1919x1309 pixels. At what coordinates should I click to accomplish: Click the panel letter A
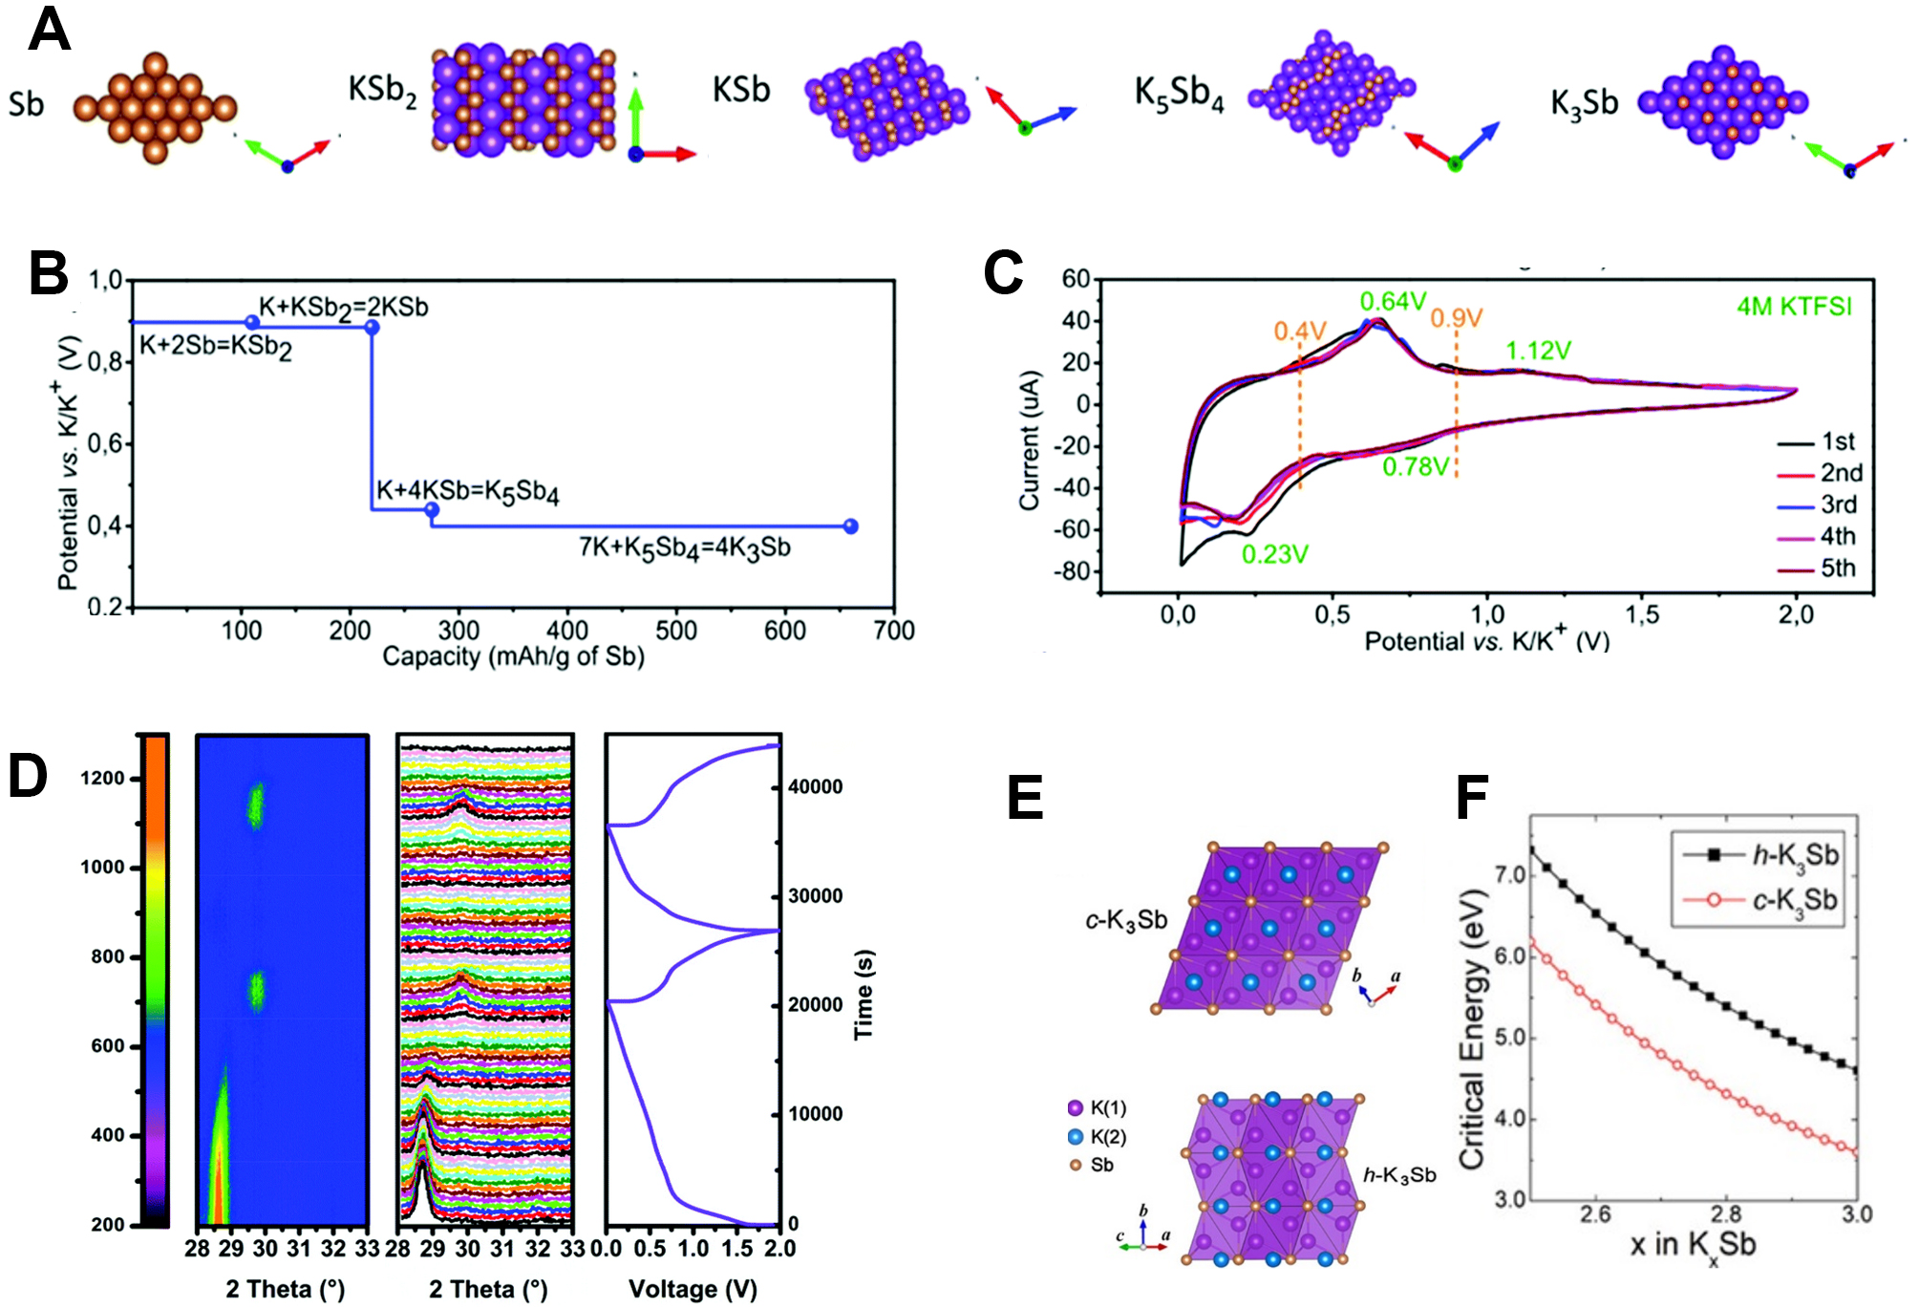click(49, 31)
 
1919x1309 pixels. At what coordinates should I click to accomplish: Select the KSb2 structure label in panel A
click(382, 92)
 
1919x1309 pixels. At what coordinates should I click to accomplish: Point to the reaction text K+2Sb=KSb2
click(216, 346)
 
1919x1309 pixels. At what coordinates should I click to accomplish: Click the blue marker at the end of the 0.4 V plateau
click(851, 526)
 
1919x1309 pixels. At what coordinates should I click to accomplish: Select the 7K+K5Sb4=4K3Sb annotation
click(684, 548)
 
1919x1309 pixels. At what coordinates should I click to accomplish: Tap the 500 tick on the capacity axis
click(676, 631)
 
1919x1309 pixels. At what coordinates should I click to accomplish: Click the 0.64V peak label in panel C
click(1393, 302)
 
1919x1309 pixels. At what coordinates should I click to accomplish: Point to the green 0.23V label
click(1274, 554)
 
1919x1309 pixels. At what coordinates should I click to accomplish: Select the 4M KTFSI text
click(1793, 307)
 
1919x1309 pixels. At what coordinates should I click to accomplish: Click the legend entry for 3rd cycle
click(1838, 504)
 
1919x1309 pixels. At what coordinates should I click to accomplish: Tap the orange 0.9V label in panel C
click(1456, 318)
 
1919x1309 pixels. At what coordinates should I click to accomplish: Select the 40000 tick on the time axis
click(815, 787)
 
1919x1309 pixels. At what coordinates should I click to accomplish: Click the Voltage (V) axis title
click(693, 1289)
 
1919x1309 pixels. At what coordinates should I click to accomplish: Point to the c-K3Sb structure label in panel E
click(1126, 920)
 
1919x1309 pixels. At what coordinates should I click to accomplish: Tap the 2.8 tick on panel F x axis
click(1726, 1214)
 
